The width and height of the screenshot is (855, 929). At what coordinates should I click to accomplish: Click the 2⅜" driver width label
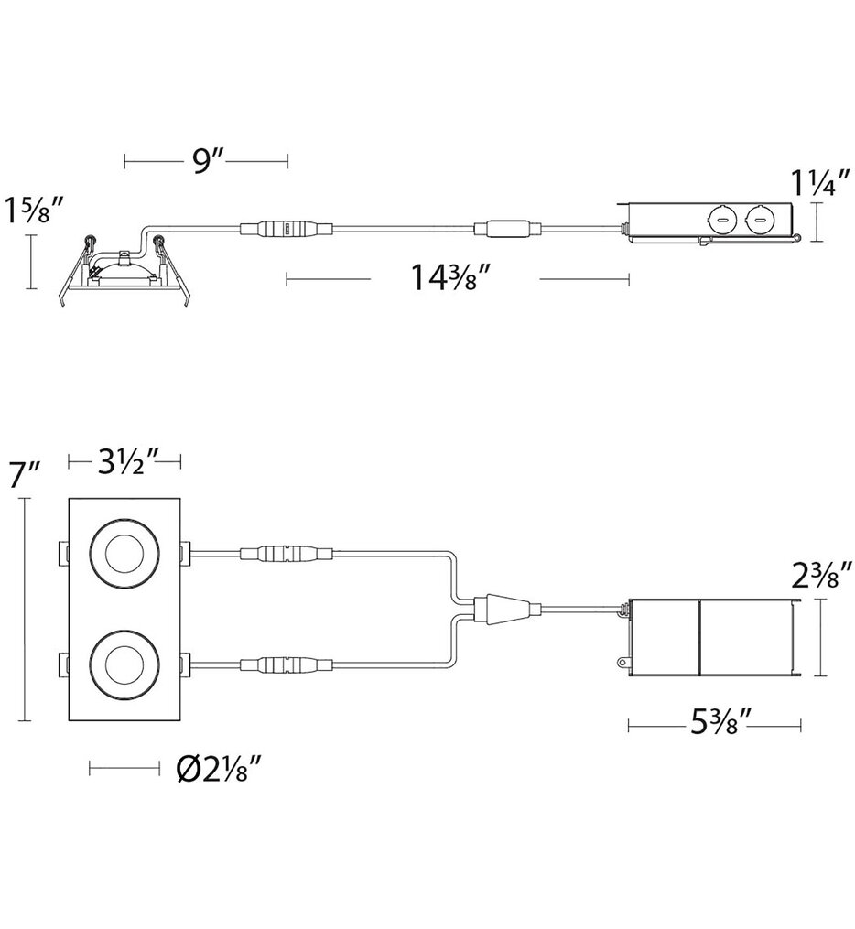click(x=823, y=578)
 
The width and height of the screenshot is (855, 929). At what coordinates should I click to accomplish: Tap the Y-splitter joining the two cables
click(x=498, y=608)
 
